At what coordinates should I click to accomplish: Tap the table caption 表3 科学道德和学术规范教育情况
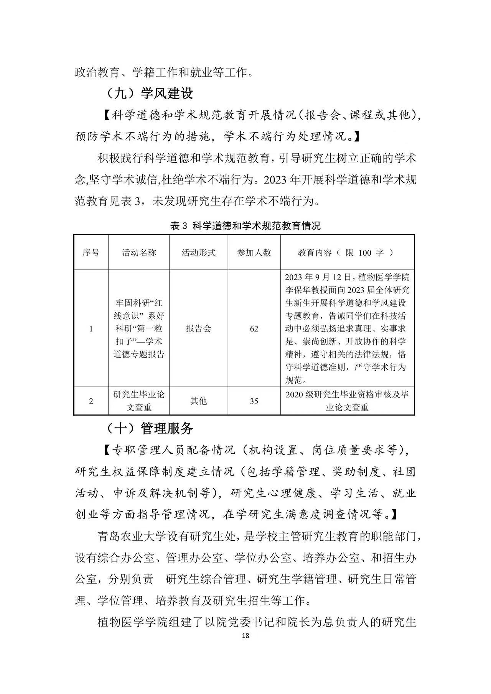coord(245,226)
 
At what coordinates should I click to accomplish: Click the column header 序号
coord(91,253)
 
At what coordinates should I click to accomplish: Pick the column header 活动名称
coord(139,253)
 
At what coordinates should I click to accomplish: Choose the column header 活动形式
coord(198,253)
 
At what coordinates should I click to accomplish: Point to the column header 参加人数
coord(254,253)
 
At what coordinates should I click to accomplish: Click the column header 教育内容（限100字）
coord(347,253)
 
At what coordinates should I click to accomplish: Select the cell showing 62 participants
coord(254,329)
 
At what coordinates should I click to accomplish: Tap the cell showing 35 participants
coord(254,401)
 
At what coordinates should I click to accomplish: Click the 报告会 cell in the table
coord(198,329)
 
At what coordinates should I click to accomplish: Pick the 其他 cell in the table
coord(198,401)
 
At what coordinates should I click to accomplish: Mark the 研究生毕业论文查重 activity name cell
coord(139,401)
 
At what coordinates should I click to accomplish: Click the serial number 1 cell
coord(91,329)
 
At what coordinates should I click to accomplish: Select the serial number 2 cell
coord(91,401)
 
